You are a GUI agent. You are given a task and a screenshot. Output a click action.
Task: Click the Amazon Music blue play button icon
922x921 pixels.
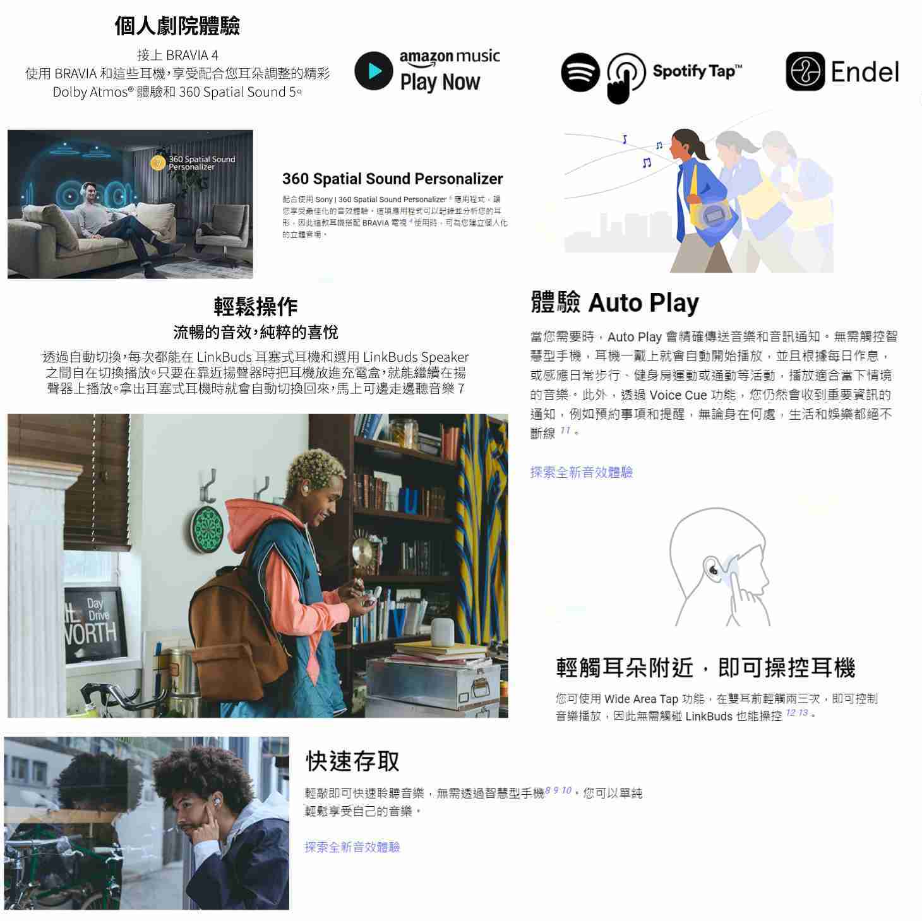pos(374,71)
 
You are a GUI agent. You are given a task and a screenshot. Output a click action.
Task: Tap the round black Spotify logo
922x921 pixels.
pos(580,72)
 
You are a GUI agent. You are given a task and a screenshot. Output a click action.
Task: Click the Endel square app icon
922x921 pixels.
pos(805,71)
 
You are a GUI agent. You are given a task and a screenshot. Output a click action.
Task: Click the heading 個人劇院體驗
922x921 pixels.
pos(177,26)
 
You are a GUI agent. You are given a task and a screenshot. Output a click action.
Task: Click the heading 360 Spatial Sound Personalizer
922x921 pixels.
pos(392,179)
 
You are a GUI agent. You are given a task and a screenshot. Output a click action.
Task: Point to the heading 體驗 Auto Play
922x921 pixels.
pos(614,303)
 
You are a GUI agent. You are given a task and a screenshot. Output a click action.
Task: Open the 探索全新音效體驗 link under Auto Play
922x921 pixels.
pos(581,472)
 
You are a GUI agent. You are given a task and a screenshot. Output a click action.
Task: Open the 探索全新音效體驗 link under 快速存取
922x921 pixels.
pos(352,847)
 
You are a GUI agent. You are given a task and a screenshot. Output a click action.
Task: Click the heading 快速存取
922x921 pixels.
pos(352,761)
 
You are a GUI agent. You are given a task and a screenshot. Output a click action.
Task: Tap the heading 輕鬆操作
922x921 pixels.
pos(255,307)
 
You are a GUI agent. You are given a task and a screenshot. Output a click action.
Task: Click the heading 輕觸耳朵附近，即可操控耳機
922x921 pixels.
pos(705,667)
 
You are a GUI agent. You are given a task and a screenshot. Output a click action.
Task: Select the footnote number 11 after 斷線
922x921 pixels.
pos(565,431)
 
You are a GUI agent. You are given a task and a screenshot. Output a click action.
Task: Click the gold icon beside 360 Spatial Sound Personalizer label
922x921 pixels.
pos(158,163)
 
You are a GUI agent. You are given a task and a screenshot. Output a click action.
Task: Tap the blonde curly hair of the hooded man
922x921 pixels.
pos(314,470)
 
